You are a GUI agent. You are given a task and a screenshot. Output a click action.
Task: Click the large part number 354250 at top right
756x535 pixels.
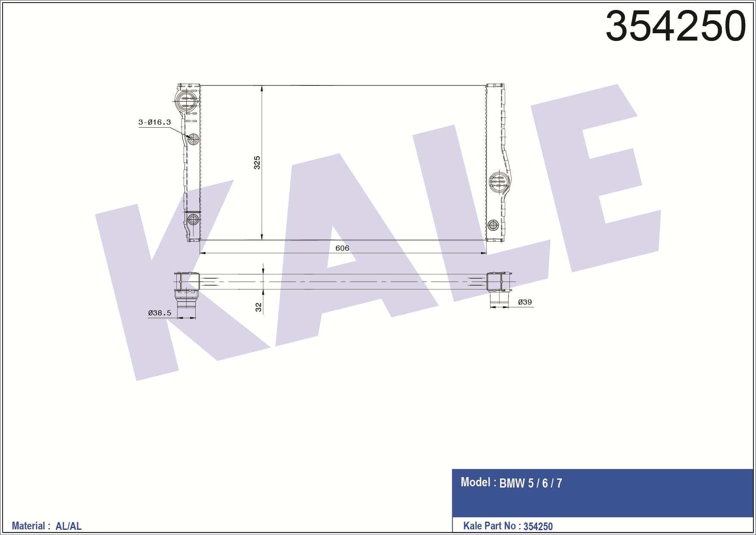675,26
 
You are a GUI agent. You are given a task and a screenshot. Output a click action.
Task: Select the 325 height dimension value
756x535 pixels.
257,163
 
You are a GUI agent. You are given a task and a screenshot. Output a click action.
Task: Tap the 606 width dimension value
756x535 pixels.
342,248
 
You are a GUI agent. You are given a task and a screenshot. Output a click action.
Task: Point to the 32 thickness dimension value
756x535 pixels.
258,307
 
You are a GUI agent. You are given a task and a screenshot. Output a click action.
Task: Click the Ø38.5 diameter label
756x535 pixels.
159,313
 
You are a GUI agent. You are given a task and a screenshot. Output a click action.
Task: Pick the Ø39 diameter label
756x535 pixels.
525,302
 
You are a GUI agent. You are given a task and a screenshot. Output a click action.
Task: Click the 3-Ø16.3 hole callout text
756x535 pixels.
154,122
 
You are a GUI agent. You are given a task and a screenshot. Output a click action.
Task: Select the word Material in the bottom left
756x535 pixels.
28,526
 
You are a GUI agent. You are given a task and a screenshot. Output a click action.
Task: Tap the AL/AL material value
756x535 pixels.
69,526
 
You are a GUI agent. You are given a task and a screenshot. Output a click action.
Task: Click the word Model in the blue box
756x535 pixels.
475,482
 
